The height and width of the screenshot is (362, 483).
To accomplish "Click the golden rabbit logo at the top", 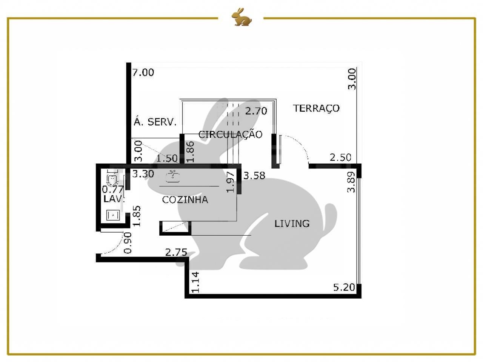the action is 241,17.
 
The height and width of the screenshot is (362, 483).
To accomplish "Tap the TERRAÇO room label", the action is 316,109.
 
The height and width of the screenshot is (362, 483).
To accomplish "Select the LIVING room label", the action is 292,224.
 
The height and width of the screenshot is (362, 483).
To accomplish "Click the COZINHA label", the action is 185,199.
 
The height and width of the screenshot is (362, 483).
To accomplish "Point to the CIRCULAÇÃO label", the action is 231,134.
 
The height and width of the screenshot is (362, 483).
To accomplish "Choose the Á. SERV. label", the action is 155,121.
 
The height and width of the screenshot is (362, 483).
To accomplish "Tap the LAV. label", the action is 114,199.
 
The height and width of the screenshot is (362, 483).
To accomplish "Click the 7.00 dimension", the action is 143,72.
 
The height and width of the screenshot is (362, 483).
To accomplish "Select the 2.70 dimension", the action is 256,111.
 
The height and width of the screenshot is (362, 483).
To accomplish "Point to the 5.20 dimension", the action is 344,287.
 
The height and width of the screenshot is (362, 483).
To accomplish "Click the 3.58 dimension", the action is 254,176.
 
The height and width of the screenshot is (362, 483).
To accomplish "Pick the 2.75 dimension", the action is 176,252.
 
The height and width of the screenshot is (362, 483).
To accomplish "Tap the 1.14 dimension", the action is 195,282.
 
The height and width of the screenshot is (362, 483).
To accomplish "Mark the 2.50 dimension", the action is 340,157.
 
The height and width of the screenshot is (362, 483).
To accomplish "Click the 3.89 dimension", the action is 351,182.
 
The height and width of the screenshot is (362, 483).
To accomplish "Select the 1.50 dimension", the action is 167,158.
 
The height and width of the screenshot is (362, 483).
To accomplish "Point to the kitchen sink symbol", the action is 173,176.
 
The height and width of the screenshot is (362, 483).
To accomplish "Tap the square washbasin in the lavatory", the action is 113,215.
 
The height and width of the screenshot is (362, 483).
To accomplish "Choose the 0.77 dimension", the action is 113,189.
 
